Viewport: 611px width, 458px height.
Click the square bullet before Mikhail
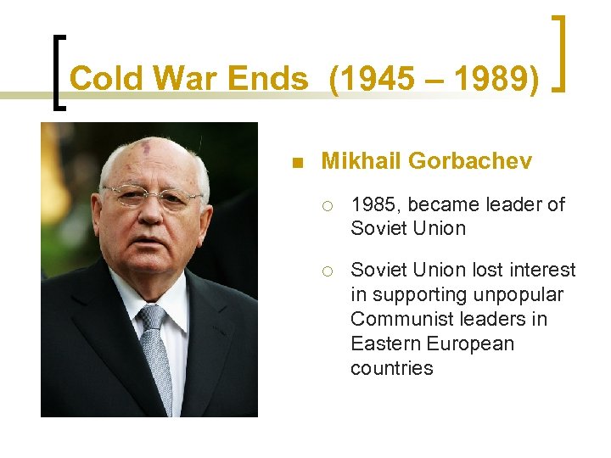(295, 162)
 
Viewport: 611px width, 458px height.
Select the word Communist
(401, 319)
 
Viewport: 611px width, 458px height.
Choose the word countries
(391, 368)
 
